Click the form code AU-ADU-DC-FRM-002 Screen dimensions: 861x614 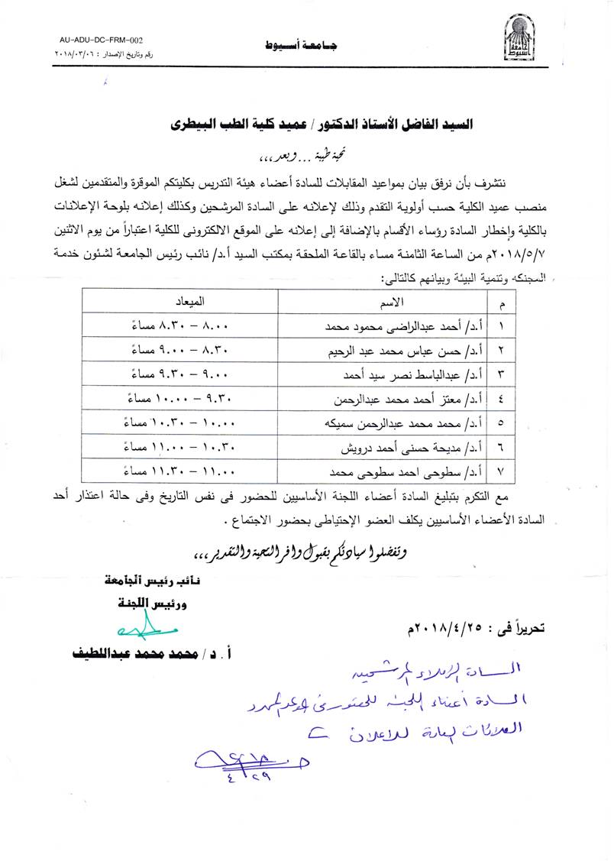[101, 40]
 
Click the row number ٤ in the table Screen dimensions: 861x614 [501, 398]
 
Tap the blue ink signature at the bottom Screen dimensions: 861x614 [241, 761]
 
